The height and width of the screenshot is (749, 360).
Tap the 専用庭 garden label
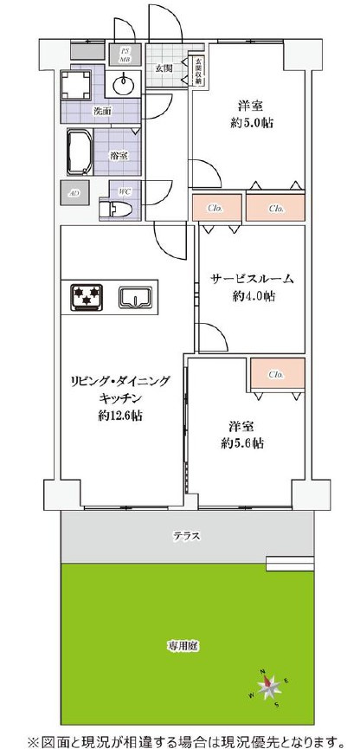(x=182, y=645)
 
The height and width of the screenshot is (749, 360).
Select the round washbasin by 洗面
(x=123, y=85)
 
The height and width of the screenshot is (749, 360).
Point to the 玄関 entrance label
(x=164, y=68)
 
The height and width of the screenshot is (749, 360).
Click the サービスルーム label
(x=252, y=279)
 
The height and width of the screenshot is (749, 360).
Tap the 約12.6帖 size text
(x=120, y=415)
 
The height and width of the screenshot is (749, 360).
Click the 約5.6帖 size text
(x=242, y=443)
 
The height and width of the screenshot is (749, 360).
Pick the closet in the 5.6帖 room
(x=276, y=375)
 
